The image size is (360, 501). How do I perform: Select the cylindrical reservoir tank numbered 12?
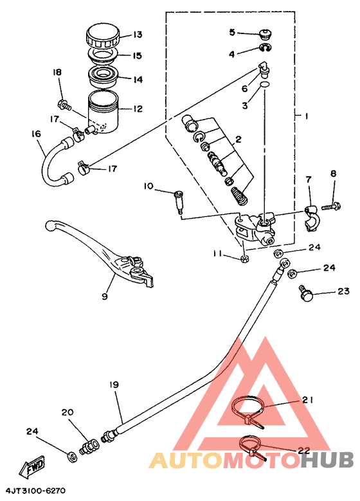[x=103, y=112]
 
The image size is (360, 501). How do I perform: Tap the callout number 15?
[x=137, y=55]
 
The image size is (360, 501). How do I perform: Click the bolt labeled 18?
[x=64, y=105]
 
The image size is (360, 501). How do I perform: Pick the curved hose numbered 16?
[x=57, y=161]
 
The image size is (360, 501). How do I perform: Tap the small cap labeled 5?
[x=265, y=33]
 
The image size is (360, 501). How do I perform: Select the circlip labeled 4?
[x=265, y=48]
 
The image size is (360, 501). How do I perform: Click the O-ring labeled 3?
[x=264, y=84]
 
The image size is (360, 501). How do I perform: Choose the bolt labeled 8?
[x=331, y=205]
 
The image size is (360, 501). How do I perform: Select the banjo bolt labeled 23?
[x=305, y=293]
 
